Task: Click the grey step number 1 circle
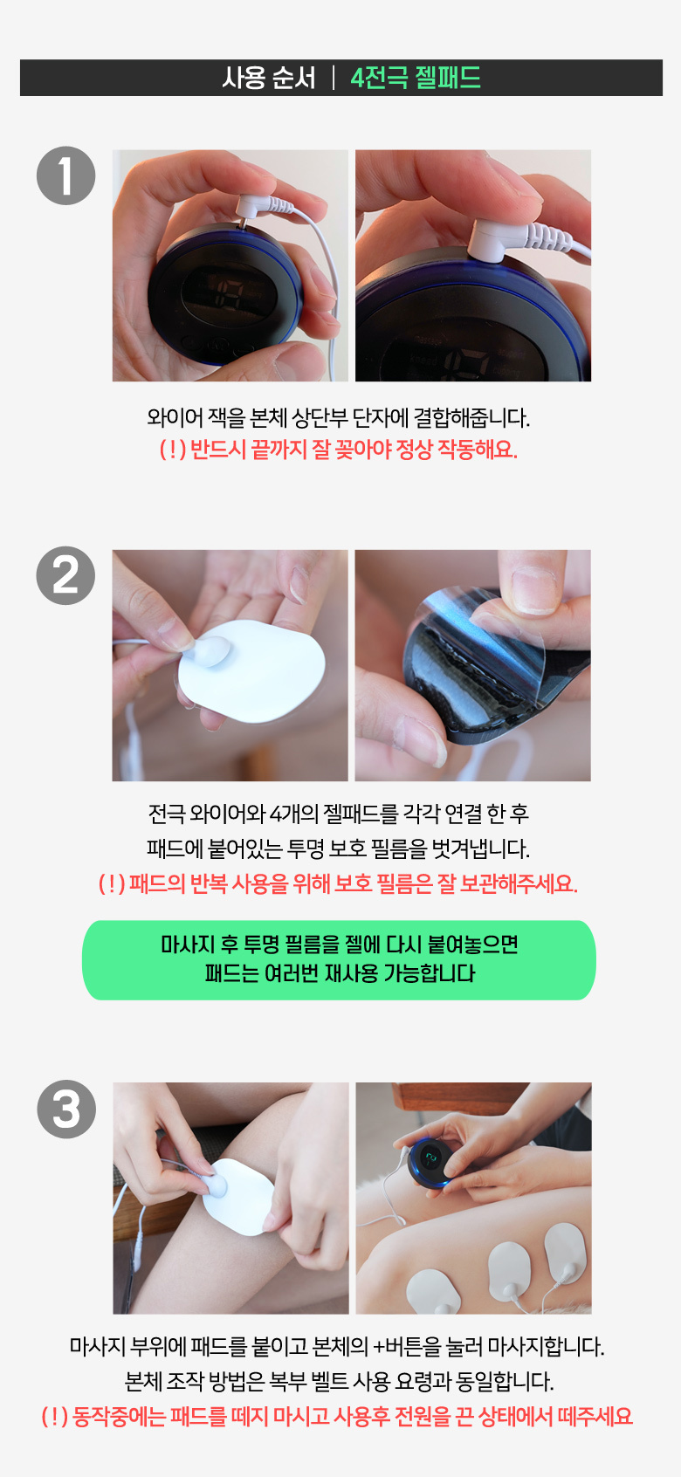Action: [x=66, y=175]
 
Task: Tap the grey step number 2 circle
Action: [x=66, y=575]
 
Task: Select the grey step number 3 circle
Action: [x=66, y=1109]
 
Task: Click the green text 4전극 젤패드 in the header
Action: [x=416, y=78]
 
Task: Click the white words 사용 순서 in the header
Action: [x=269, y=78]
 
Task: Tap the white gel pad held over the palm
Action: [x=251, y=671]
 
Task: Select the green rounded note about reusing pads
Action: [x=339, y=960]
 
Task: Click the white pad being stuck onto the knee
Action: [x=237, y=1197]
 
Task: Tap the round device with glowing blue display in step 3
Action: [x=430, y=1163]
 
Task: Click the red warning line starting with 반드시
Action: [x=338, y=450]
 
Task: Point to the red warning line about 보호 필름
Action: [x=338, y=883]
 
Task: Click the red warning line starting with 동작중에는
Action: [x=337, y=1417]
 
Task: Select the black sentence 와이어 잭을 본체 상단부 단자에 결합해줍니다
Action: [x=338, y=417]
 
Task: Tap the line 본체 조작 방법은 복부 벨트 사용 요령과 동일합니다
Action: [x=339, y=1381]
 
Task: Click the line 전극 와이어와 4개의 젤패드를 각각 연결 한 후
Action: [x=338, y=814]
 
